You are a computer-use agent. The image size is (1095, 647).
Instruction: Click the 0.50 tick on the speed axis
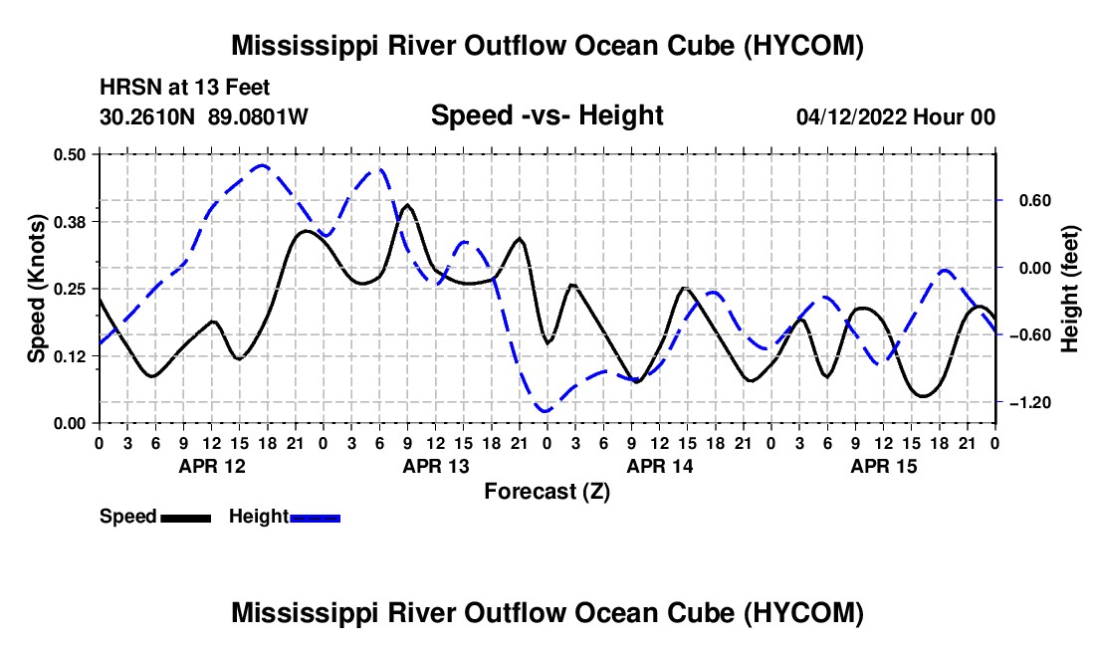69,154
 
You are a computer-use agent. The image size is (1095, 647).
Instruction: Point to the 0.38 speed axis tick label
69,222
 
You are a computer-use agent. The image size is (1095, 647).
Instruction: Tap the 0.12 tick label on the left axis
69,356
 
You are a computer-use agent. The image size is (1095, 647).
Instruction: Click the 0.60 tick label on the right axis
1035,201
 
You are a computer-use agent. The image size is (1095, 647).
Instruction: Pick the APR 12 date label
212,466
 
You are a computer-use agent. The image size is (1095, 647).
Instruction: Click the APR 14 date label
660,466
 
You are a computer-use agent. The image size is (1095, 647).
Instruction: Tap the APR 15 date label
883,466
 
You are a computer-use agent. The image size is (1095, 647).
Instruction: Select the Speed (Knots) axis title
36,289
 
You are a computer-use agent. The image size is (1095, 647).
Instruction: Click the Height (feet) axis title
1069,289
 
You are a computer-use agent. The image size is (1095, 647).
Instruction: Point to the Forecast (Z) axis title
547,492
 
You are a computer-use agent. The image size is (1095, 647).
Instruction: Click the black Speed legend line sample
186,519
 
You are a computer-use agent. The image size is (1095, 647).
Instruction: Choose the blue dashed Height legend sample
315,519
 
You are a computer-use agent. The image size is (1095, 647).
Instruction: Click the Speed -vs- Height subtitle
547,115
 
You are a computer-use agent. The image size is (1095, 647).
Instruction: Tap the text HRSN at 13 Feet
184,88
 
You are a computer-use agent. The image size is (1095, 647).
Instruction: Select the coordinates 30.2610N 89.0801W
204,116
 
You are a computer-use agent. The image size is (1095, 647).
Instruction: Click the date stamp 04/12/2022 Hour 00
896,116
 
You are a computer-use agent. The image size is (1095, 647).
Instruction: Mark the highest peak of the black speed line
408,205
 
